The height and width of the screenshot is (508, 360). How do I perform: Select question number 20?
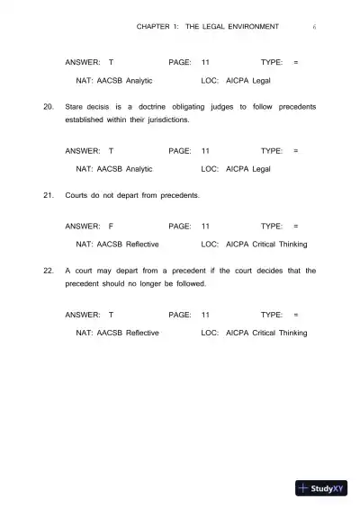(49, 107)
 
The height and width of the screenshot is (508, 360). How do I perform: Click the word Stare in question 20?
(76, 107)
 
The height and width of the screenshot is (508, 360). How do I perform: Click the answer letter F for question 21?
(111, 227)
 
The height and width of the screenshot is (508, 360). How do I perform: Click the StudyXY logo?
(321, 489)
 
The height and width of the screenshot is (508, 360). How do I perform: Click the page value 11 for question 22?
(206, 316)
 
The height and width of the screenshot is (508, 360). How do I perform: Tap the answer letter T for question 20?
(111, 151)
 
